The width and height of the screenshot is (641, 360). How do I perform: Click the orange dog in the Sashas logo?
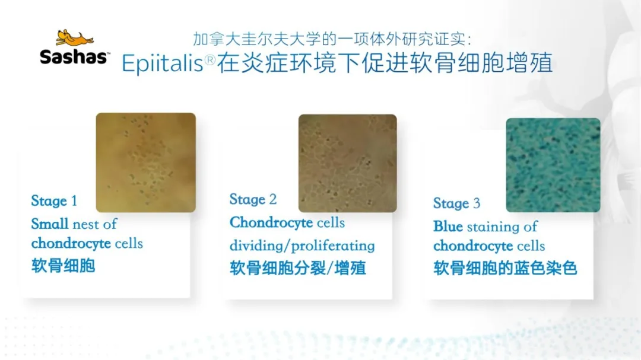tap(74, 37)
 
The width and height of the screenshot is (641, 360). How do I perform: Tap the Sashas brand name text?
tap(74, 57)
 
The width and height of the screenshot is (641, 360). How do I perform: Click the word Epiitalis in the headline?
tap(162, 63)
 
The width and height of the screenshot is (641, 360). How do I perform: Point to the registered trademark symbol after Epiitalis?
tap(210, 60)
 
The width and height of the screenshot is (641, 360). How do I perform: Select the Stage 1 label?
tap(54, 201)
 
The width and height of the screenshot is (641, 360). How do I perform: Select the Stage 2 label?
tap(253, 199)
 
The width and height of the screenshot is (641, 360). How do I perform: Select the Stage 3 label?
tap(456, 203)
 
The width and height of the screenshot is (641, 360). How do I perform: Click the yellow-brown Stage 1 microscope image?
tap(146, 163)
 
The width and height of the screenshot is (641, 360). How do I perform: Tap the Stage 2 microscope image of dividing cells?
tap(347, 164)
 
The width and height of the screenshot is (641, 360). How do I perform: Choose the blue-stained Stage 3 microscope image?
tap(553, 165)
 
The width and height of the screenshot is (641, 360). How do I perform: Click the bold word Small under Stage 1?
tap(50, 224)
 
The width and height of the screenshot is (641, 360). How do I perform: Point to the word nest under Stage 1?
tap(85, 224)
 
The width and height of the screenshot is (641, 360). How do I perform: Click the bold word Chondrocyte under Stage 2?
tap(271, 222)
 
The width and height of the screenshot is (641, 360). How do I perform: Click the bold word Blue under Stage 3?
tap(448, 227)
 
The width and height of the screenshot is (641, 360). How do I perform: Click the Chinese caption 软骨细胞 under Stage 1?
tap(64, 266)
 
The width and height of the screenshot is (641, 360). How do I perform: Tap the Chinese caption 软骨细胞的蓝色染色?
tap(505, 269)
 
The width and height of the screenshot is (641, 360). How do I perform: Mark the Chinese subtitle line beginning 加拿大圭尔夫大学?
tap(332, 39)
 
